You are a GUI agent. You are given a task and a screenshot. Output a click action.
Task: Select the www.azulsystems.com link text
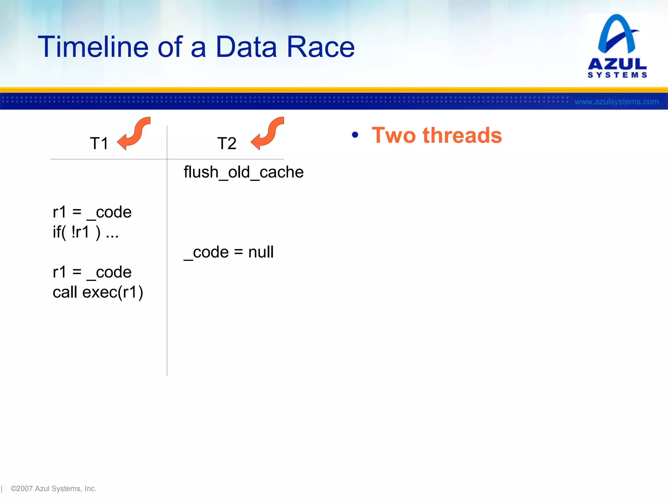point(616,102)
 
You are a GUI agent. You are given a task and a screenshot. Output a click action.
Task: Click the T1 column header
point(99,144)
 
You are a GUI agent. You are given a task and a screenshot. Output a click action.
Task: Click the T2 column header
point(227,144)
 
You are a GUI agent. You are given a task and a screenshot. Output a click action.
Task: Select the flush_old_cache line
point(243,172)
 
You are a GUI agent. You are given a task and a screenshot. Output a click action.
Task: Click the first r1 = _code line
point(92,212)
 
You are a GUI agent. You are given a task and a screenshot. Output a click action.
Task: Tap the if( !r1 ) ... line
point(85,232)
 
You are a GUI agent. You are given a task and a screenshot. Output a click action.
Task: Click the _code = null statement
point(228,252)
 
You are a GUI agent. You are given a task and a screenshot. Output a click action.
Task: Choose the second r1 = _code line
point(92,272)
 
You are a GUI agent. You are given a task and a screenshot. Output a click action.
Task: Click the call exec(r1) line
point(98,292)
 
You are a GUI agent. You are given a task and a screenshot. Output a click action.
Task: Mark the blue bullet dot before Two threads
point(355,135)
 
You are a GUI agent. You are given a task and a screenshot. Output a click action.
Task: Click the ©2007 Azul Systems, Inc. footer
point(53,489)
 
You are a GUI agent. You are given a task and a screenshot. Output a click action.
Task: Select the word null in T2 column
point(261,252)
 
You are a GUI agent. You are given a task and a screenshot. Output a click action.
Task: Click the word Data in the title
point(246,47)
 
